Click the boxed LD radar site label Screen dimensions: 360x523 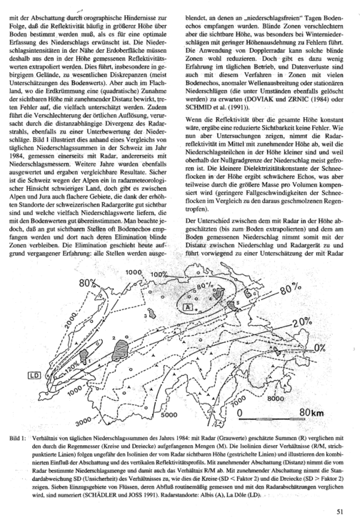click(34, 375)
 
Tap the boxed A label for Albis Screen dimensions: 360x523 click(188, 307)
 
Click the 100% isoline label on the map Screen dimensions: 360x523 click(159, 274)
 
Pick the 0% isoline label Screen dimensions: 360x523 click(319, 347)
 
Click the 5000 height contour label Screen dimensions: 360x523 click(169, 415)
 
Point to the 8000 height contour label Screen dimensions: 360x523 click(275, 399)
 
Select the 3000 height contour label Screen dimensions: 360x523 click(84, 422)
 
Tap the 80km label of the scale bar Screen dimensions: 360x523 click(311, 412)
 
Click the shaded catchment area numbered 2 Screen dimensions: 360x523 click(119, 350)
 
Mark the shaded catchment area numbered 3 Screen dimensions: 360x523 click(152, 313)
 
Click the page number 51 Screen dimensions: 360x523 click(340, 510)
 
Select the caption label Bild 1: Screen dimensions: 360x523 click(17, 438)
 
